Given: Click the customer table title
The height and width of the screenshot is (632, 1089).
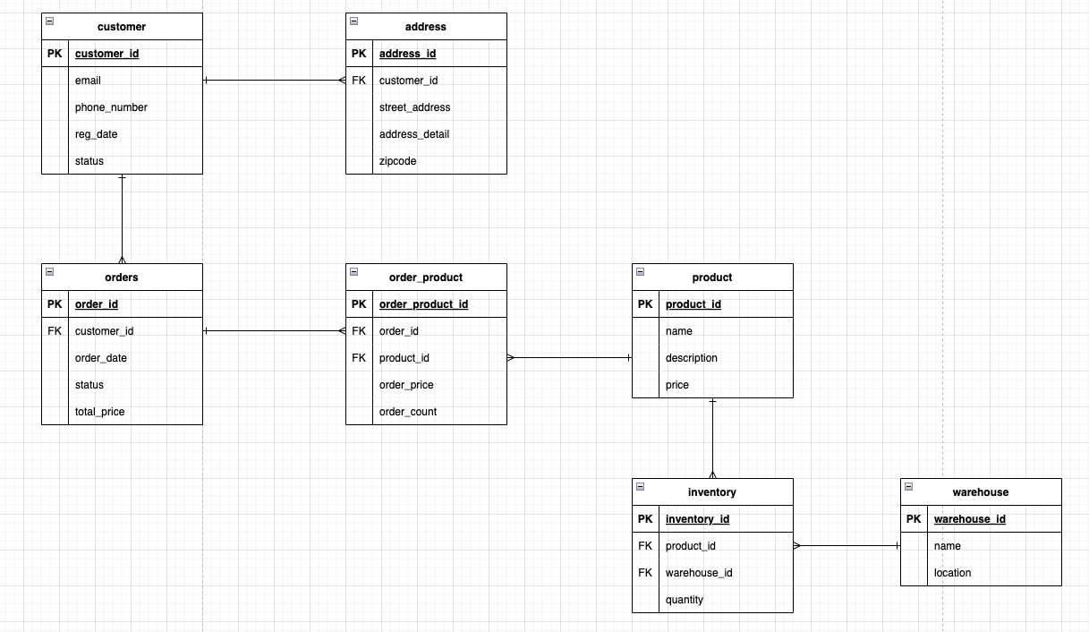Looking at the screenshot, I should tap(122, 27).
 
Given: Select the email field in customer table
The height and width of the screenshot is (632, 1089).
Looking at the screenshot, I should tap(88, 81).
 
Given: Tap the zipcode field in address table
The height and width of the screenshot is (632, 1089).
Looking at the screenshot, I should tap(397, 161).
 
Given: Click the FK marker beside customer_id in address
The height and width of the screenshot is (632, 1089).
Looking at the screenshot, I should tap(359, 81).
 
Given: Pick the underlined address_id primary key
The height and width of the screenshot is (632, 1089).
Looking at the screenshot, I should tap(407, 54).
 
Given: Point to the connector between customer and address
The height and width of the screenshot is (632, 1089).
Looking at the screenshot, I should tap(274, 81).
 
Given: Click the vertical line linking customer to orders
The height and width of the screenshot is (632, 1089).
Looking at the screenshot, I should tap(123, 218).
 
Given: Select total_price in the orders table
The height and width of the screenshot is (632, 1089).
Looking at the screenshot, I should tap(99, 412).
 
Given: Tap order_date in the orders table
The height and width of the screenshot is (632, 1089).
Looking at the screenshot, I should tap(100, 358).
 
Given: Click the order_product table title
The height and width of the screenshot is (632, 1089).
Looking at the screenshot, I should tap(426, 278).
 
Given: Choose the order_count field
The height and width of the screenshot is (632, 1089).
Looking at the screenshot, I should tap(408, 412).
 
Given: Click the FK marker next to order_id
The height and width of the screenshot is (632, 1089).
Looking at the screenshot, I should tap(359, 331).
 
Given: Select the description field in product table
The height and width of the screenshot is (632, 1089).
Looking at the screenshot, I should tap(691, 358).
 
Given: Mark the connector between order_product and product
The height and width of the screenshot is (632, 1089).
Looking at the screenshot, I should tap(569, 358).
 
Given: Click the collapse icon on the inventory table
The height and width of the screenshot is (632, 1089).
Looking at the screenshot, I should tap(640, 486).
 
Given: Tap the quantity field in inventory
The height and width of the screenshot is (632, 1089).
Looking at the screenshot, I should tap(684, 600).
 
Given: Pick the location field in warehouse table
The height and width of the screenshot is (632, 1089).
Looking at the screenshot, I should tap(952, 573).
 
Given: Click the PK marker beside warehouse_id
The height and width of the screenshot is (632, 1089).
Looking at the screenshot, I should tap(914, 519).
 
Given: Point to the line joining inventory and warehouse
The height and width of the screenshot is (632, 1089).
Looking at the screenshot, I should tap(847, 546).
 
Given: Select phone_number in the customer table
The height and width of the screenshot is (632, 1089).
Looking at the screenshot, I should tap(111, 107).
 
